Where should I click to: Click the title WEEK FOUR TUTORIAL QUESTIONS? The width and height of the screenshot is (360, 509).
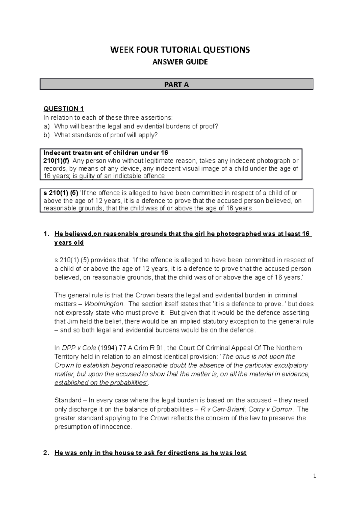[180, 50]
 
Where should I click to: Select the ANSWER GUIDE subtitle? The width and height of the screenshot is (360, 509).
[180, 62]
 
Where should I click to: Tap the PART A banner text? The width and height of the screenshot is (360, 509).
[176, 85]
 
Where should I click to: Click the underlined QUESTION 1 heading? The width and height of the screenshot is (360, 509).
[64, 109]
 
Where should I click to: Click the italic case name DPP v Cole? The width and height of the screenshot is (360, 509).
[79, 348]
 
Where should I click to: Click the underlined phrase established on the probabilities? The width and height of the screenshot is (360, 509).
[101, 383]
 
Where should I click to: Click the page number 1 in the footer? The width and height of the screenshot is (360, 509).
[314, 476]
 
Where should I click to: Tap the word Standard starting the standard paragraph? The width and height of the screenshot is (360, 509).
[68, 400]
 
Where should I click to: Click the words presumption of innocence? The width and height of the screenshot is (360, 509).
[93, 427]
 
